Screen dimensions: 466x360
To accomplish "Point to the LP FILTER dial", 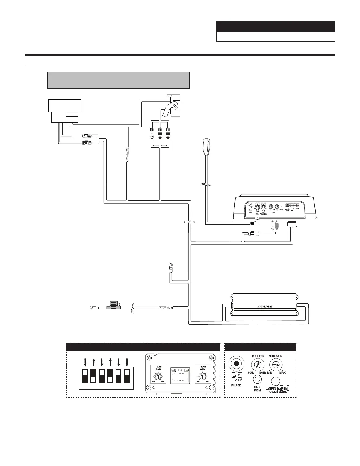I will point(257,365).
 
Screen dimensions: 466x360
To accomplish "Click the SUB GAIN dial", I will point(276,365).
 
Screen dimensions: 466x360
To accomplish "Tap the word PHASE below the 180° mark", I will point(236,385).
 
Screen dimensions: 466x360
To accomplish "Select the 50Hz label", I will point(251,373).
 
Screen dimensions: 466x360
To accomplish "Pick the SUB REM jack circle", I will point(257,380).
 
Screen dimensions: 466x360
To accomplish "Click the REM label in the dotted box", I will point(284,389).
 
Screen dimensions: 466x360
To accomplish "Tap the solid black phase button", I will point(236,364).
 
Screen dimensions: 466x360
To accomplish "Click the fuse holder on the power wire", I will point(114,306).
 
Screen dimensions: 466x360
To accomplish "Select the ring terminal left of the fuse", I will point(93,308).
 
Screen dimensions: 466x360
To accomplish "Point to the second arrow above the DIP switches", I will point(93,362).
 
